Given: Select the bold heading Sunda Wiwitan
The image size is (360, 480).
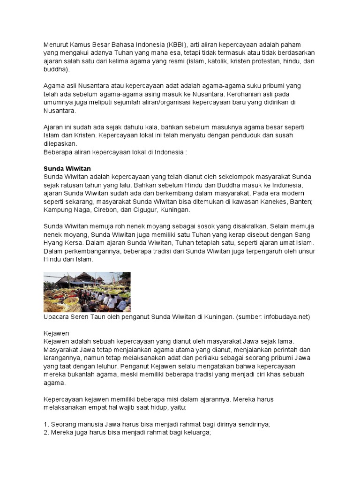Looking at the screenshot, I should tap(67, 169).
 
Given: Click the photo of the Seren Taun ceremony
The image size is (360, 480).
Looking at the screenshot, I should tap(87, 292).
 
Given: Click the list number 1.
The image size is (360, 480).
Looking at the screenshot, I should tap(46, 424).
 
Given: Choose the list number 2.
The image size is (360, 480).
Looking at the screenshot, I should tap(46, 433).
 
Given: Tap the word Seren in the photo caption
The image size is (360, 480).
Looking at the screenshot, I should tap(88, 317).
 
